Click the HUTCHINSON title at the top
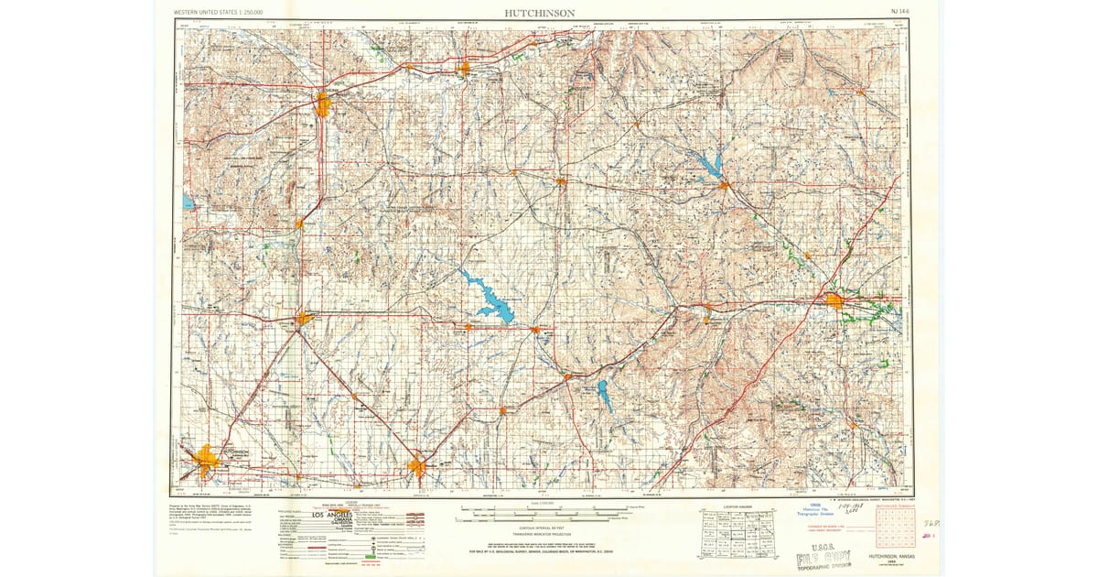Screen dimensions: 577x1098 click(x=541, y=12)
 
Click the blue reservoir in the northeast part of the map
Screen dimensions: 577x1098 click(x=710, y=166)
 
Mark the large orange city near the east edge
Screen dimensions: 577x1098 click(x=834, y=300)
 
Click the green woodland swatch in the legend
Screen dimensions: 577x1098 click(x=371, y=555)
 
